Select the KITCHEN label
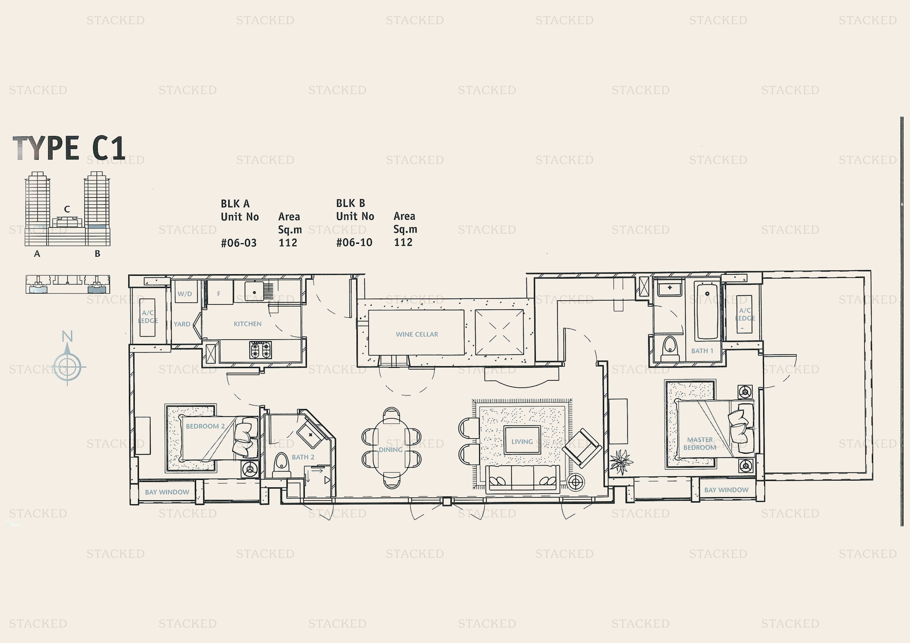(x=247, y=324)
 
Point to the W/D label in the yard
(x=185, y=293)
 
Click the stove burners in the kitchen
(x=260, y=350)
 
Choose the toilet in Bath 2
(x=281, y=464)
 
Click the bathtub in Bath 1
(x=707, y=310)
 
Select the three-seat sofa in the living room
(x=522, y=479)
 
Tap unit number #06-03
(x=239, y=243)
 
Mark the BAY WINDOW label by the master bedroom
(x=726, y=490)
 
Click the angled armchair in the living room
(x=582, y=448)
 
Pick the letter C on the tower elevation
(x=67, y=209)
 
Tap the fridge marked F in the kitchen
(x=219, y=293)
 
